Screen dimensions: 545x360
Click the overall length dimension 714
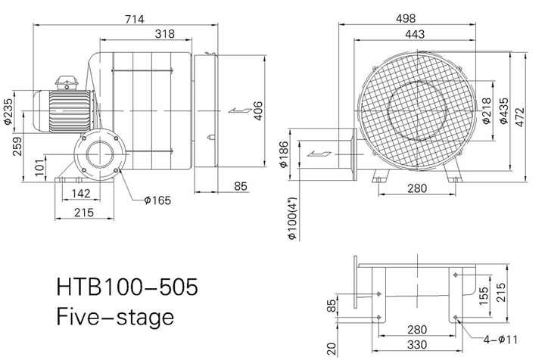click(134, 19)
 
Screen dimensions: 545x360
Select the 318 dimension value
click(165, 34)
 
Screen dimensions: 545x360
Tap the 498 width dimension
click(406, 18)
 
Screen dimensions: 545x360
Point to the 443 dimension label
click(415, 34)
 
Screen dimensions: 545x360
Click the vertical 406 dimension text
click(258, 110)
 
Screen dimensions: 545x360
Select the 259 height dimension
click(17, 147)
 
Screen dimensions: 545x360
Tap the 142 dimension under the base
click(81, 194)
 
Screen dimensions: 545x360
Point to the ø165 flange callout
click(157, 200)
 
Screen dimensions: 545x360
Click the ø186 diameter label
click(285, 154)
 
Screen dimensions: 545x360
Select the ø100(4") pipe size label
click(292, 218)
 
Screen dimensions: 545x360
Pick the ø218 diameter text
click(487, 110)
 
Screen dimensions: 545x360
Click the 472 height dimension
click(519, 117)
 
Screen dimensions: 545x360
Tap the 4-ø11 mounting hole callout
click(500, 339)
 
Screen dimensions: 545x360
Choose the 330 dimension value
click(417, 345)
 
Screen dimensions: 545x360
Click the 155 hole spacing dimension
click(484, 296)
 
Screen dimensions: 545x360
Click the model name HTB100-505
click(127, 287)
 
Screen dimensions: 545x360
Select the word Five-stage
click(115, 317)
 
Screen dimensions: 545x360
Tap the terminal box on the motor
click(67, 83)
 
